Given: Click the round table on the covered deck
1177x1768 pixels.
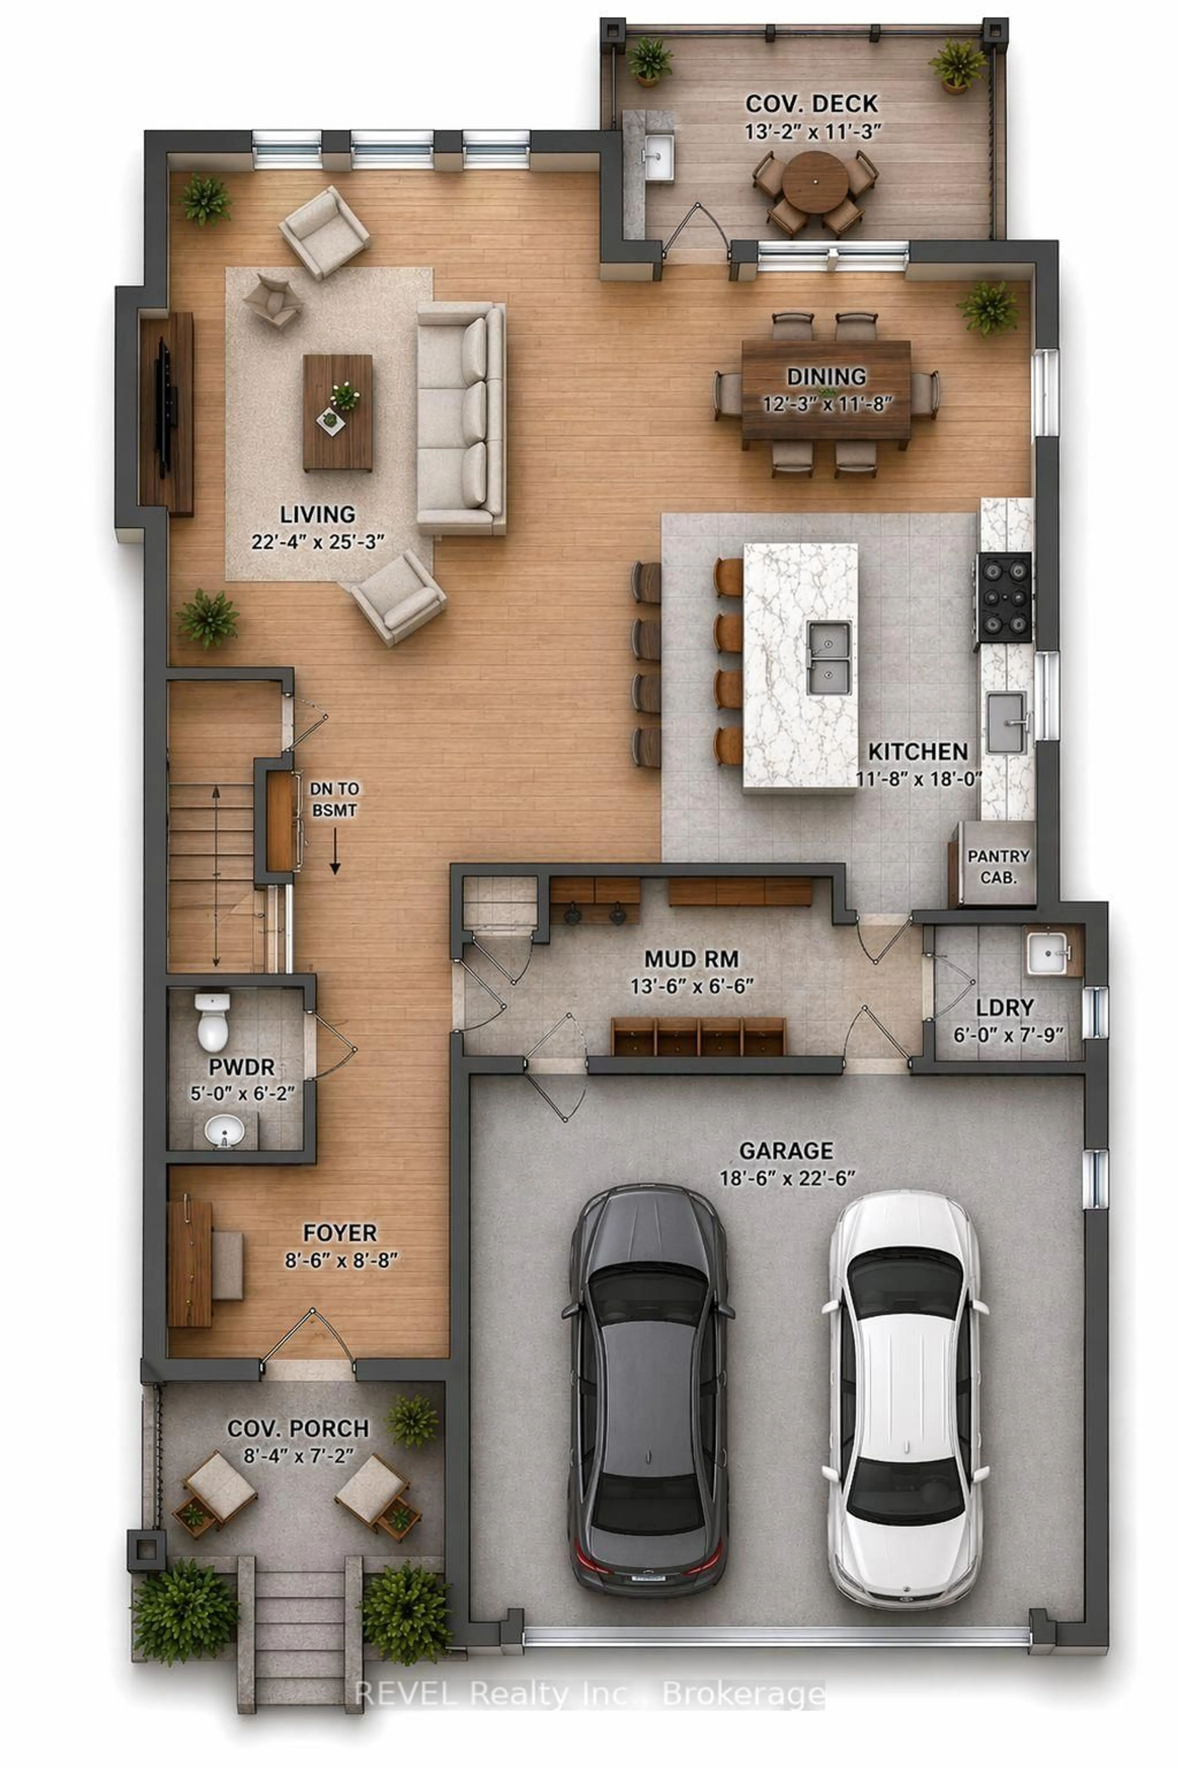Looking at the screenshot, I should [x=814, y=181].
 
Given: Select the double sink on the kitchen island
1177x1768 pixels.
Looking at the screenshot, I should [x=829, y=657].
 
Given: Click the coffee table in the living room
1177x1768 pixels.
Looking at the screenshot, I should [x=338, y=413].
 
